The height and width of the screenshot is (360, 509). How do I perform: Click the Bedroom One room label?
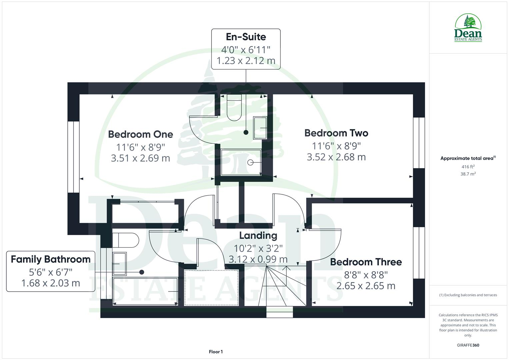tap(140, 134)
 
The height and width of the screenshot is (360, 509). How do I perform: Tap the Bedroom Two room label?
tap(336, 133)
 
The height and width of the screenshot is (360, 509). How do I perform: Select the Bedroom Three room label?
tap(366, 262)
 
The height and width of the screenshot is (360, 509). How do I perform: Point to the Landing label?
tap(258, 236)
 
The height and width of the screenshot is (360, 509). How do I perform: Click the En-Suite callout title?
tap(246, 37)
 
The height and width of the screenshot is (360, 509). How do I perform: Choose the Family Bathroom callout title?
tap(51, 259)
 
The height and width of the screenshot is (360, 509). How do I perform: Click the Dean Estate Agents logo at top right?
tap(468, 28)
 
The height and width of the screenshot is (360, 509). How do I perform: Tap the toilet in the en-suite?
tap(234, 107)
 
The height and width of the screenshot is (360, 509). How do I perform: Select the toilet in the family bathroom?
tap(125, 240)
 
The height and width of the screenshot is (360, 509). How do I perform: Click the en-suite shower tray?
tap(241, 162)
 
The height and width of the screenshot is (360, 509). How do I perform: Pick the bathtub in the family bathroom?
tap(145, 291)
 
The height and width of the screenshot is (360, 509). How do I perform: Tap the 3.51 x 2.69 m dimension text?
tap(140, 158)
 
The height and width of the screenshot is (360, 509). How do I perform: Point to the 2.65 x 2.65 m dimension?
tap(366, 286)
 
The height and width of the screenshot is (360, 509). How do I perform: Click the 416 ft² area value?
tap(468, 167)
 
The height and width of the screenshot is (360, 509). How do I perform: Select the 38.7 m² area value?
tap(468, 174)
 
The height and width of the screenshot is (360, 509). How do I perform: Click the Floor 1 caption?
tap(216, 352)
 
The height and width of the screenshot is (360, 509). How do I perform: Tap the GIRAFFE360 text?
tap(468, 345)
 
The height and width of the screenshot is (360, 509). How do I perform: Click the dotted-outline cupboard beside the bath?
tap(211, 287)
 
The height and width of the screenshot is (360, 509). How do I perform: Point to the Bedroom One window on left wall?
tap(73, 157)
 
